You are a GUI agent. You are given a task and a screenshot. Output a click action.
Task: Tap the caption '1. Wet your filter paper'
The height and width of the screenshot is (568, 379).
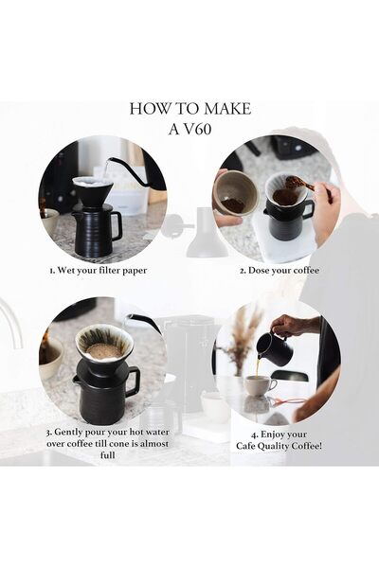(99, 270)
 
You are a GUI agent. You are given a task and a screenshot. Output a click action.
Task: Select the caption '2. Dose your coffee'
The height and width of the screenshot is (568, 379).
(280, 270)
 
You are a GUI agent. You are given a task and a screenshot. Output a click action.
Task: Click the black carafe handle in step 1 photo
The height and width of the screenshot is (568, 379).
(116, 225)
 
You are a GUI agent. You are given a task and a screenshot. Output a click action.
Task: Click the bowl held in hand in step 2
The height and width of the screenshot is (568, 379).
(233, 193)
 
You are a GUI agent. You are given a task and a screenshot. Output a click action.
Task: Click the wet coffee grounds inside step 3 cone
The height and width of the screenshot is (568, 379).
(103, 349)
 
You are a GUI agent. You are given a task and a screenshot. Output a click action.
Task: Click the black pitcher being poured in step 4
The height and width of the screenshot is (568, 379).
(273, 349)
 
